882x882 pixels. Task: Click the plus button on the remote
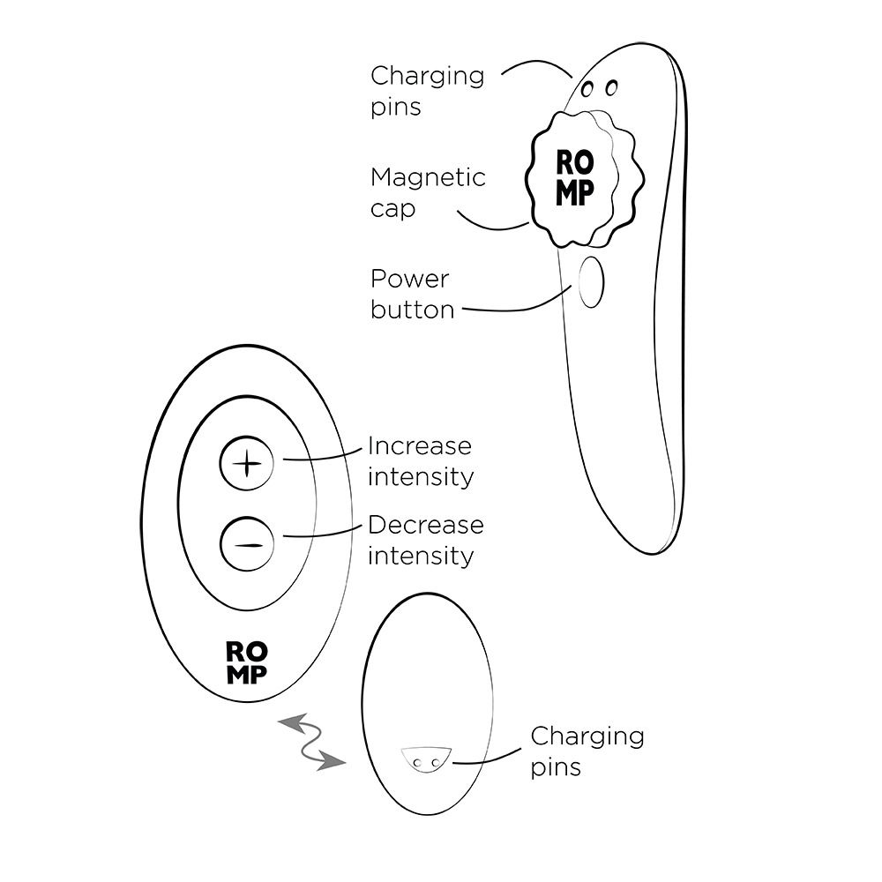[x=247, y=462]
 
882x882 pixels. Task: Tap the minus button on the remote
[x=247, y=543]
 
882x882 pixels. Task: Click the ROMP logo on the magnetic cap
[x=575, y=176]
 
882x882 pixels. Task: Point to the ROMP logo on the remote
[x=248, y=662]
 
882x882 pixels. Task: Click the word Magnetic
[x=428, y=177]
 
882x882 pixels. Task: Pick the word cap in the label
[x=392, y=210]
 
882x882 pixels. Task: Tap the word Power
[x=409, y=280]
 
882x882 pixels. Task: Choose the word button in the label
[x=412, y=310]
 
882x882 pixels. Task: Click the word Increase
[x=419, y=445]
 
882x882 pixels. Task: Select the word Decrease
[x=425, y=525]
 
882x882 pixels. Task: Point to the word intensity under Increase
[x=420, y=476]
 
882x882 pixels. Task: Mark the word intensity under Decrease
[x=420, y=556]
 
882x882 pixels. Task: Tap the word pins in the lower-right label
[x=556, y=767]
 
